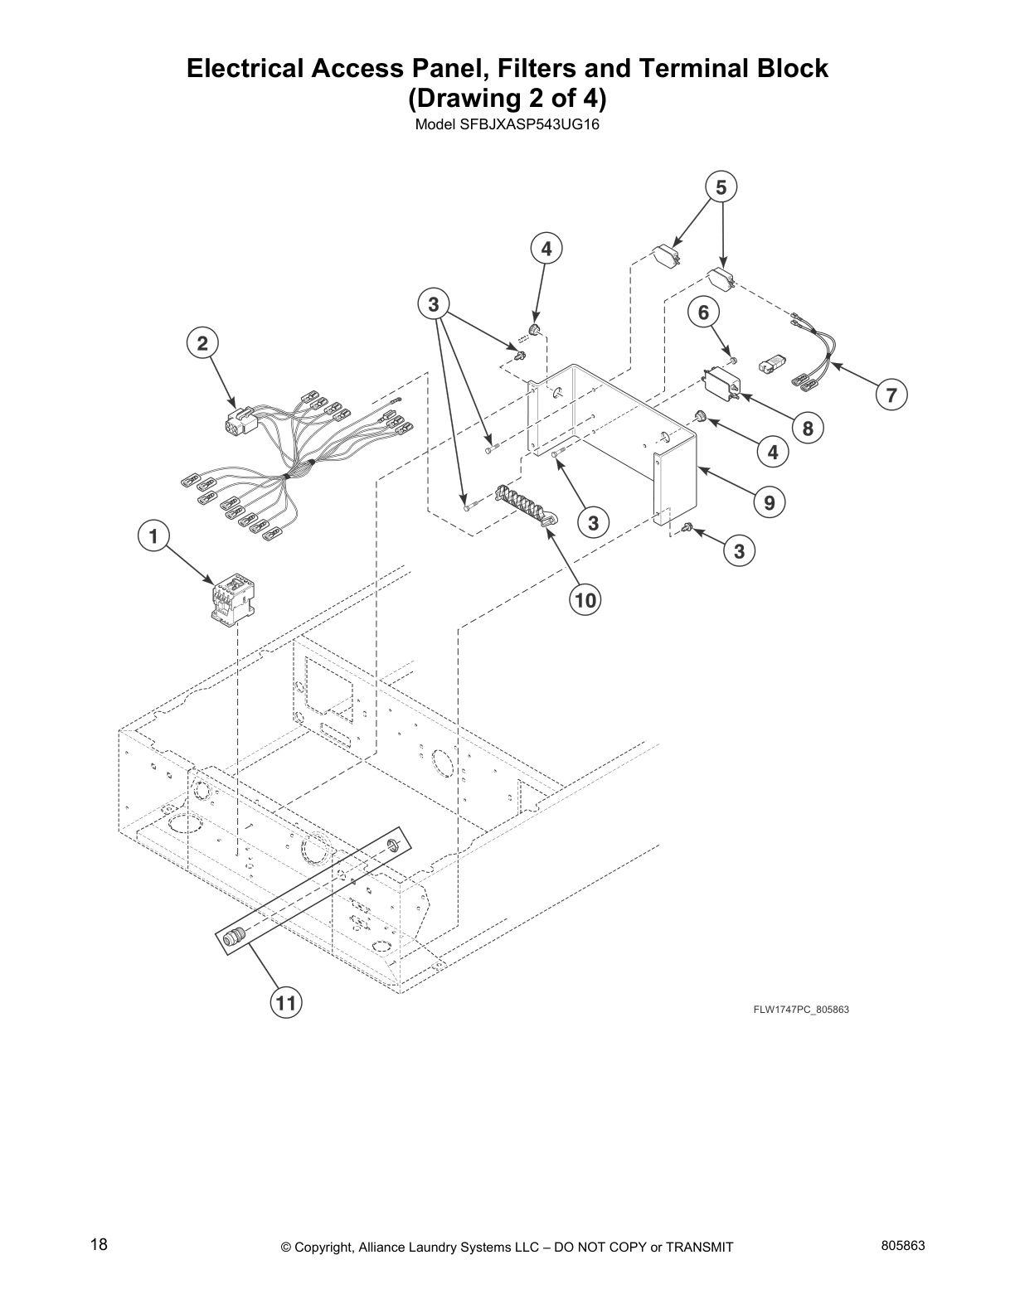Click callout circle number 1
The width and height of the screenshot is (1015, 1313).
click(153, 536)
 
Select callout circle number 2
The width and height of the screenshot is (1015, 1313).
click(202, 342)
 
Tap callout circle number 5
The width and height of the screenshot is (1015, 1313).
click(721, 187)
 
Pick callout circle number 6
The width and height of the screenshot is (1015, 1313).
click(704, 313)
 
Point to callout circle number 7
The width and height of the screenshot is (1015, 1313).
click(891, 395)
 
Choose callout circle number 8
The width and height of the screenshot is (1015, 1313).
click(808, 428)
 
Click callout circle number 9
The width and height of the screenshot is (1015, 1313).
click(770, 501)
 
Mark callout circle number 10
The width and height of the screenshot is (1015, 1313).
click(585, 599)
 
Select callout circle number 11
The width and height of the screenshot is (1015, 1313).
click(285, 1004)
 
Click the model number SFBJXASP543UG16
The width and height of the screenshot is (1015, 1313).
click(507, 126)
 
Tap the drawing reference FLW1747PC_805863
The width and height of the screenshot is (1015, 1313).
click(800, 1010)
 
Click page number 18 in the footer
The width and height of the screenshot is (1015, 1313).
click(99, 1244)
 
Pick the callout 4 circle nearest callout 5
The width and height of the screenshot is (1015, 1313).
click(546, 249)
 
